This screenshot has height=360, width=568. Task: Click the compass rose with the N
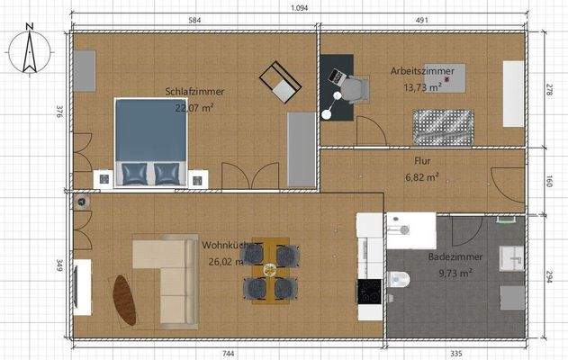pyautogui.click(x=30, y=50)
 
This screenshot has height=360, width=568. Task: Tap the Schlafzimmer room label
pyautogui.click(x=194, y=92)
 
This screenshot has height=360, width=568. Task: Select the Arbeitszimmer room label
pyautogui.click(x=421, y=70)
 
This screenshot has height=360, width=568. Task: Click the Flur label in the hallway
pyautogui.click(x=422, y=163)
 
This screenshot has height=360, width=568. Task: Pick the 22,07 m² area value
pyautogui.click(x=194, y=107)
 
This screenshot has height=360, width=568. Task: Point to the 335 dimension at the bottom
pyautogui.click(x=456, y=353)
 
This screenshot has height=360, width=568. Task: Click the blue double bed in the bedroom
pyautogui.click(x=150, y=140)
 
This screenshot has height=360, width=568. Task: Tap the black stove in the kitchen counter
pyautogui.click(x=369, y=291)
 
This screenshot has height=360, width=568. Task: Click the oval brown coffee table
pyautogui.click(x=123, y=300)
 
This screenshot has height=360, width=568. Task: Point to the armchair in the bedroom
pyautogui.click(x=280, y=82)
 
